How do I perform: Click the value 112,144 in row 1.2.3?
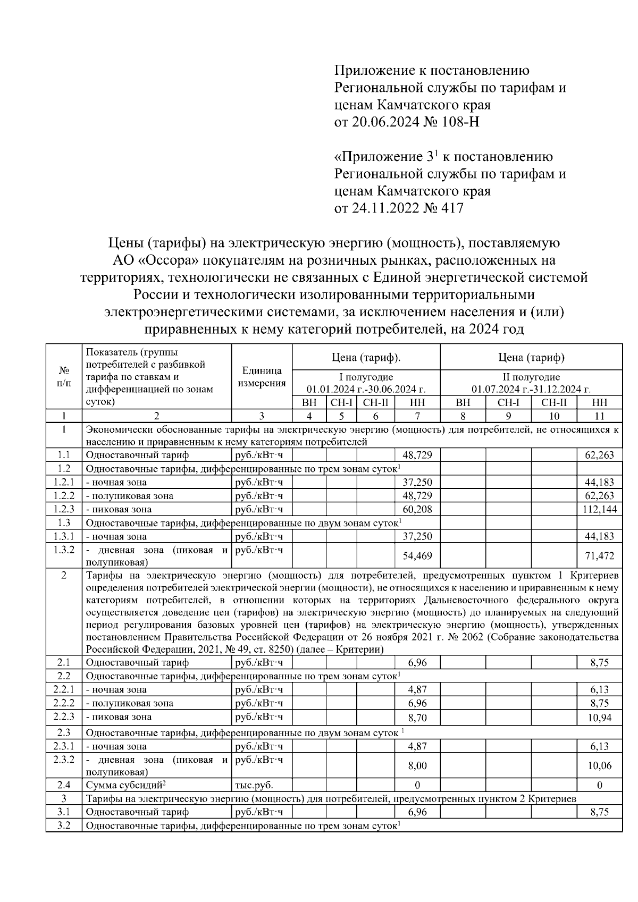[599, 509]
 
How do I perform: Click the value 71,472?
[599, 556]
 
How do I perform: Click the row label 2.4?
[64, 785]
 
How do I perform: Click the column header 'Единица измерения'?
[262, 377]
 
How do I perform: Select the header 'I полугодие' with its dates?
[366, 383]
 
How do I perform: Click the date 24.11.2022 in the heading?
[379, 208]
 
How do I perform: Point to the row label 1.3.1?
[64, 536]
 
